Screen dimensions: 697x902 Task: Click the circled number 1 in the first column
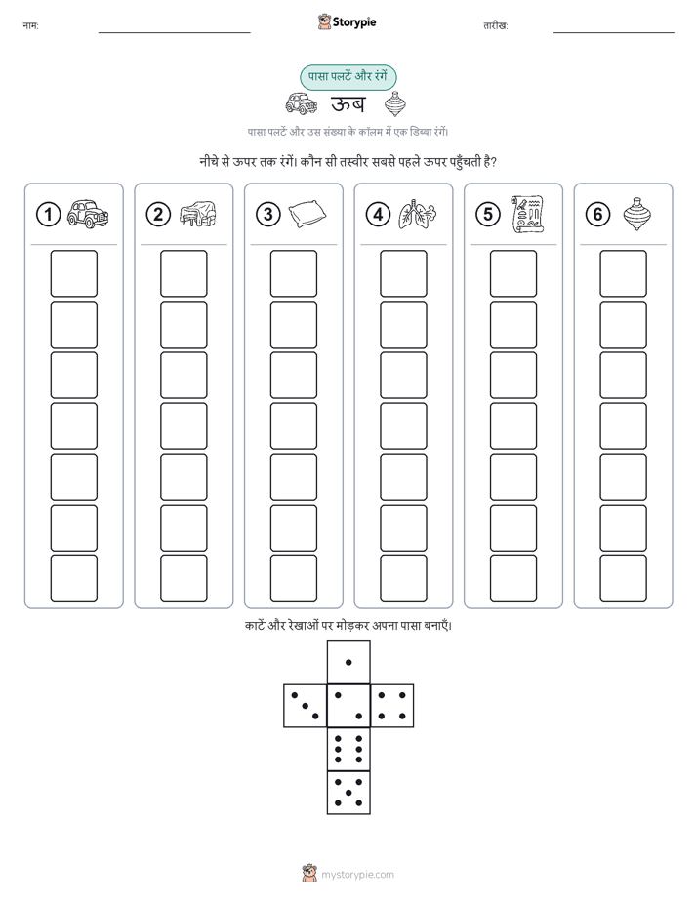48,215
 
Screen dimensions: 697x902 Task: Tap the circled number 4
378,215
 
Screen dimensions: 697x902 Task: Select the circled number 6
597,215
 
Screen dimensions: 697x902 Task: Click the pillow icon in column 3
307,215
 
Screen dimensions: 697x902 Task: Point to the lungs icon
418,215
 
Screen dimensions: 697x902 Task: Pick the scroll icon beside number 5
527,215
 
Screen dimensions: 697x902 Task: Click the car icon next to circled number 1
88,214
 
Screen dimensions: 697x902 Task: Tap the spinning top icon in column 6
636,215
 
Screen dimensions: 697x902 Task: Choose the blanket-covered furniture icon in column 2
198,214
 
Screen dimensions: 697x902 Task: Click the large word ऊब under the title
348,104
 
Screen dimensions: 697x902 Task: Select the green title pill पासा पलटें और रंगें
348,77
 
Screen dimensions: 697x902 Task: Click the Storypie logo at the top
347,22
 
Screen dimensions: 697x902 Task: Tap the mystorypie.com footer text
357,875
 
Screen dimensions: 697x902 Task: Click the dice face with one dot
348,662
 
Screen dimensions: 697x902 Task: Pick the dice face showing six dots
348,750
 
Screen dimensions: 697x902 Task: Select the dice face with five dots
348,793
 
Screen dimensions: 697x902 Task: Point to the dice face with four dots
392,706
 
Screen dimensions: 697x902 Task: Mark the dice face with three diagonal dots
305,706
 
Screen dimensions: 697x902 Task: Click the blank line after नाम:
174,32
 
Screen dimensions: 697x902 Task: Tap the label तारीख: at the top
495,26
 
